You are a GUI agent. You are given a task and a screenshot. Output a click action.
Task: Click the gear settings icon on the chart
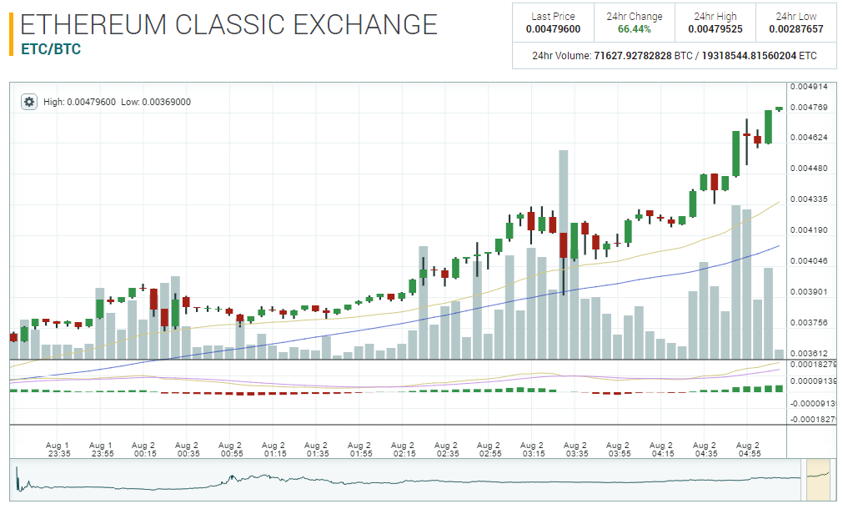tap(29, 102)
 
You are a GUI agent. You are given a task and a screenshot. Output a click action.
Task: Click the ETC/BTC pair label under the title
tap(51, 49)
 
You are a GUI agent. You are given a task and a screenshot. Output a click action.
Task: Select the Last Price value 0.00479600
tap(553, 29)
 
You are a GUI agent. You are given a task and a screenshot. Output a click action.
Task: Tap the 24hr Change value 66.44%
tap(635, 29)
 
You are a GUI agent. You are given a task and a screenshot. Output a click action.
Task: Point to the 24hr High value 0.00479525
tap(715, 29)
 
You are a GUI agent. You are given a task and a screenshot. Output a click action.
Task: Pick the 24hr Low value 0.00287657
tap(795, 29)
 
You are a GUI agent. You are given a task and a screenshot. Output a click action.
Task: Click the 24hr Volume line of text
tap(674, 56)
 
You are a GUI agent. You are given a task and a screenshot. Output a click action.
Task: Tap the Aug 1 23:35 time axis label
tap(58, 450)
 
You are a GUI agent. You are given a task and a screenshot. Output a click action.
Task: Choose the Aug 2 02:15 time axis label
tap(404, 450)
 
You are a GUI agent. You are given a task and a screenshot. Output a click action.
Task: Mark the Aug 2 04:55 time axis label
tap(749, 450)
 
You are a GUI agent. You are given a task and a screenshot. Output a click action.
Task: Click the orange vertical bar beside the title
tap(11, 34)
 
